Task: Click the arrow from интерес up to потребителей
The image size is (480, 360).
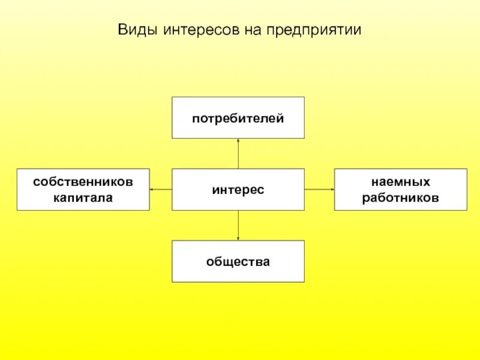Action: (x=238, y=154)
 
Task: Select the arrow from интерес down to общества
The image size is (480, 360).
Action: (x=238, y=226)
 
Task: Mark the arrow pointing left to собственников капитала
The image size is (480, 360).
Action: (x=160, y=190)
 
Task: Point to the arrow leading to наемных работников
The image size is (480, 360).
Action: (x=319, y=190)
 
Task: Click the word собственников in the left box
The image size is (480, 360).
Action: (x=83, y=181)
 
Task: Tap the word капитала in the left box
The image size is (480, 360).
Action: (x=83, y=197)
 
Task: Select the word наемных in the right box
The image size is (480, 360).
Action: (x=400, y=181)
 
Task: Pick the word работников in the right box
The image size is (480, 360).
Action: (x=400, y=197)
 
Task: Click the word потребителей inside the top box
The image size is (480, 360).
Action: (x=238, y=118)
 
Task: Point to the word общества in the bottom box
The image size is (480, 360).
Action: (x=238, y=262)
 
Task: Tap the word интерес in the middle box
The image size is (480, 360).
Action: (x=238, y=190)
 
